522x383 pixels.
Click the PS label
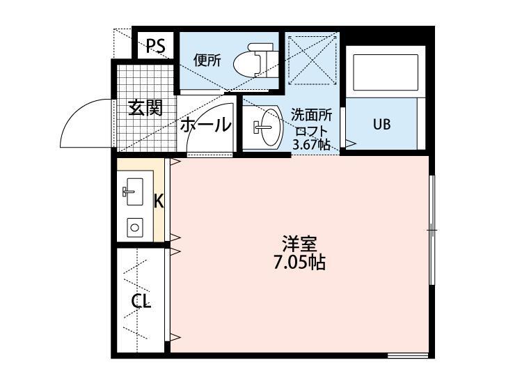(x=155, y=47)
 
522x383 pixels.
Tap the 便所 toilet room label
(x=207, y=61)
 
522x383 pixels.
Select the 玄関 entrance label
(x=145, y=109)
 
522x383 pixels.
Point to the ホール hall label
(x=206, y=126)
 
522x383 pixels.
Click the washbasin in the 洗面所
(x=264, y=127)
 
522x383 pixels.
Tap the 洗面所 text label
(x=311, y=114)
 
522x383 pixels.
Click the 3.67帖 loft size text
(x=311, y=145)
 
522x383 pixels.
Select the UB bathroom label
(x=381, y=125)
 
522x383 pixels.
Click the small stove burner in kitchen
(x=134, y=226)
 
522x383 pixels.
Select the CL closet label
(x=142, y=302)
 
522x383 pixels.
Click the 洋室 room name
(x=300, y=244)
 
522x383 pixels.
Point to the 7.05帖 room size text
(x=300, y=263)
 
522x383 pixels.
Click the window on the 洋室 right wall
(x=432, y=229)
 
